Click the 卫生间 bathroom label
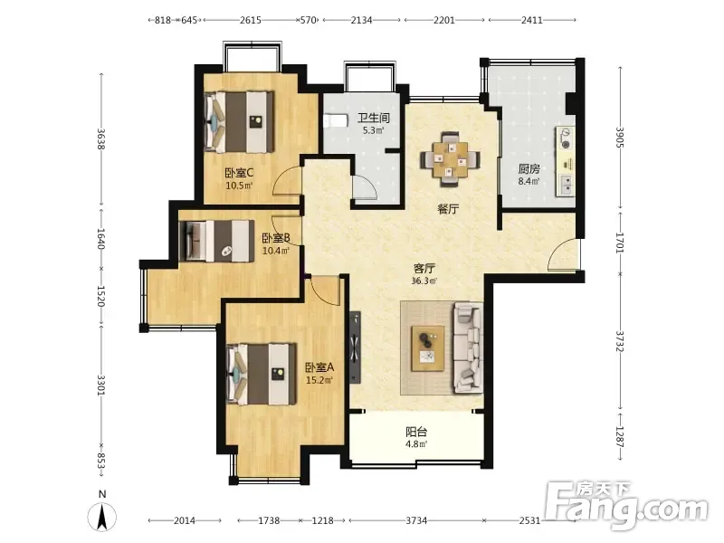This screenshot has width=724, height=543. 374,118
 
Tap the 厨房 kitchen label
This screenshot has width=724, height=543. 529,169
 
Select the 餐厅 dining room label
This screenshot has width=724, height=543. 448,209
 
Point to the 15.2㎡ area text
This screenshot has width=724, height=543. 319,380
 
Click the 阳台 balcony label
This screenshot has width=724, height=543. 416,432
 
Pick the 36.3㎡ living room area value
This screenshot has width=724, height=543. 424,281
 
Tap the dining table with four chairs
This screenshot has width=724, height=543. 450,159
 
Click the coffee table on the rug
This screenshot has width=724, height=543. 428,348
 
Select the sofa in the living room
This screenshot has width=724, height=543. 468,348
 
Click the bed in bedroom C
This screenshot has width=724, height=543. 239,122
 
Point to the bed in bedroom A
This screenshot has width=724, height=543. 262,374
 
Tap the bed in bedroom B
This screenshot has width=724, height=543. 216,241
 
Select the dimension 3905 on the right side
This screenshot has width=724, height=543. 620,138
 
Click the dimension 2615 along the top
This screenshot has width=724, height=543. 251,20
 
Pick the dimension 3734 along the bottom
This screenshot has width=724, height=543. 416,520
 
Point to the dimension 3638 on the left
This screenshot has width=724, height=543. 101,138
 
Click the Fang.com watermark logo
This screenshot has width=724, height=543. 626,506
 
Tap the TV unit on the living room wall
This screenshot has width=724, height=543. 355,348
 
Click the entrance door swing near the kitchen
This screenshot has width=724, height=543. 562,254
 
